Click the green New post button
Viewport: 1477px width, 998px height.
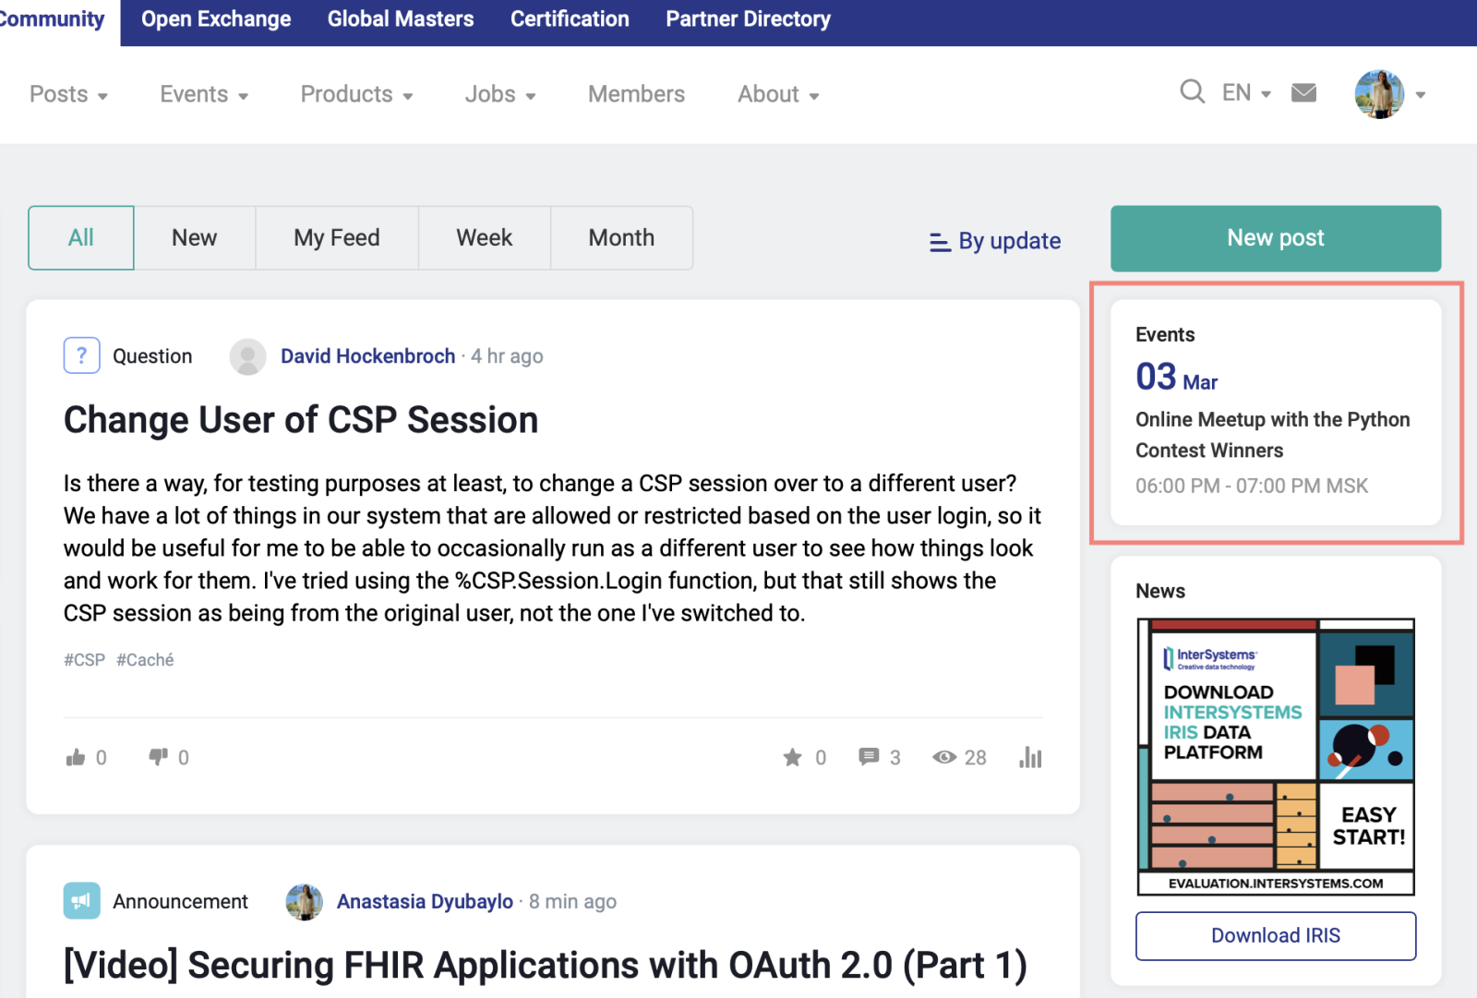coord(1275,238)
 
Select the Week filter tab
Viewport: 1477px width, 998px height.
coord(484,237)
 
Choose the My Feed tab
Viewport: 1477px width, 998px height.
coord(336,237)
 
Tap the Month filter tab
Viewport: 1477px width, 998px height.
coord(621,237)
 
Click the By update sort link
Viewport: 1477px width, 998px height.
coord(995,241)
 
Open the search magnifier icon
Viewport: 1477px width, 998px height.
coord(1192,92)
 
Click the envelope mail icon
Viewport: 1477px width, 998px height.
coord(1303,93)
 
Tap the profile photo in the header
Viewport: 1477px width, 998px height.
coord(1379,94)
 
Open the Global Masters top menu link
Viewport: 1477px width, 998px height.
coord(401,18)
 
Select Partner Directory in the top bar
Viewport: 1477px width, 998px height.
coord(748,18)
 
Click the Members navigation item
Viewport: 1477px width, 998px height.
coord(636,93)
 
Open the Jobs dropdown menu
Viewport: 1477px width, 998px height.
coord(499,94)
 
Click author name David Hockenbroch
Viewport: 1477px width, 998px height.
coord(368,356)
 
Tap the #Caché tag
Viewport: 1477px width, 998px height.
coord(145,659)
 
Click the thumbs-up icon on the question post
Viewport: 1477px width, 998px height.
coord(76,757)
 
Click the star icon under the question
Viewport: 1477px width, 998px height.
coord(793,757)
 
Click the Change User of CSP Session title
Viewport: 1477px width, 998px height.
coord(301,419)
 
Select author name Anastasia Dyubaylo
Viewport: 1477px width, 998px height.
coord(425,901)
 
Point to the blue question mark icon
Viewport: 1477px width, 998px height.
coord(82,355)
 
